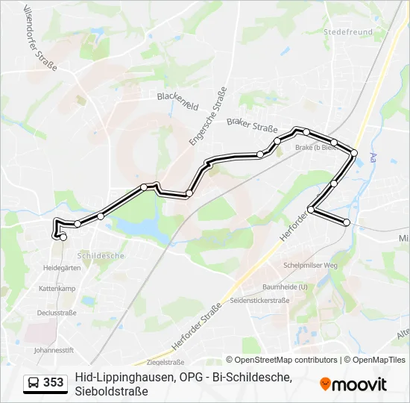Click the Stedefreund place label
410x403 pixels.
coord(347,32)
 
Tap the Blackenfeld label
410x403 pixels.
coord(177,101)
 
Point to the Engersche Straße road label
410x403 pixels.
coord(208,116)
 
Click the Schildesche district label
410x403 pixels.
coord(101,255)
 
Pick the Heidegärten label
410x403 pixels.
coord(62,266)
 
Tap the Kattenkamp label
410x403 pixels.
coord(57,288)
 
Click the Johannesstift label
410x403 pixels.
coord(54,349)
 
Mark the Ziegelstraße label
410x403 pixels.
coord(165,362)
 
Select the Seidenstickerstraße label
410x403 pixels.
coord(260,300)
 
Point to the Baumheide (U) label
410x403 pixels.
coord(285,287)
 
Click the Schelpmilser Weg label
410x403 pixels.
coord(311,265)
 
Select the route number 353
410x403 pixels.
coord(53,383)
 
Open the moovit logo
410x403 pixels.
coord(353,384)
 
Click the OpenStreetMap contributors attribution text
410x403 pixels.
coord(282,360)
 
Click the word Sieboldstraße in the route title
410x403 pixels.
coord(111,390)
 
